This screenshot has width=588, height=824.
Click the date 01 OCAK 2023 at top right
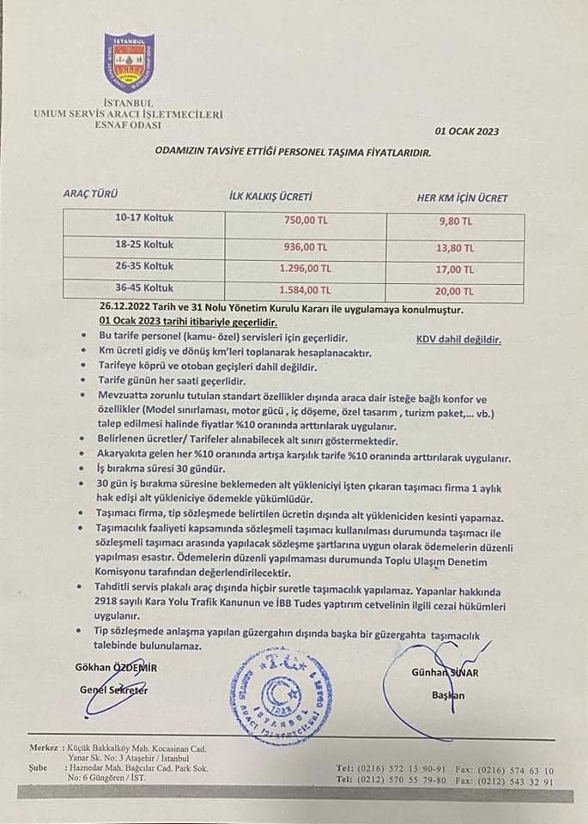point(467,131)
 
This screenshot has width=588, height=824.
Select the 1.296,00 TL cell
point(300,267)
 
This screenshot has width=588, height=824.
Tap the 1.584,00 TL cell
point(300,290)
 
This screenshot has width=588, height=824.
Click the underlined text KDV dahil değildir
point(459,339)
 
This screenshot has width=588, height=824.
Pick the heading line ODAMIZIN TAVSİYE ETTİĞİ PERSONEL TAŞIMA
point(293,149)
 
